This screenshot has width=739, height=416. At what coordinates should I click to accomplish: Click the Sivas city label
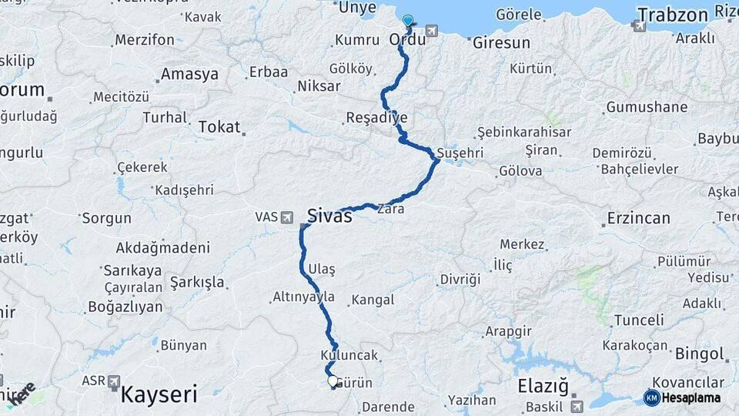click(329, 216)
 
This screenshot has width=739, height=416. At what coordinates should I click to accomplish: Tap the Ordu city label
click(408, 39)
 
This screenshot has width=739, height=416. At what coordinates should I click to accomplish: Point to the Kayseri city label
click(159, 395)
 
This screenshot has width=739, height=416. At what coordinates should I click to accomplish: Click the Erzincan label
click(638, 218)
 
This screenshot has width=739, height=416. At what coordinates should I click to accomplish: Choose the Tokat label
click(219, 127)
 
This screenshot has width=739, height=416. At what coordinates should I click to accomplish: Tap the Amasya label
click(189, 75)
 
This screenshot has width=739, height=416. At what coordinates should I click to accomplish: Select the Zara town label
click(390, 208)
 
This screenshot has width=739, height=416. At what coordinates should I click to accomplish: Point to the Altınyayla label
click(303, 297)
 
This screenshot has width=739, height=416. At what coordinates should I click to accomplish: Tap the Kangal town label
click(373, 300)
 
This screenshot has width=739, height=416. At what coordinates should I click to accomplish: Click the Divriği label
click(460, 278)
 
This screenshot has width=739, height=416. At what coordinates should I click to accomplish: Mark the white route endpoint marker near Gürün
click(333, 381)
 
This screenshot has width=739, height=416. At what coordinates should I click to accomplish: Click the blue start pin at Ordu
click(407, 22)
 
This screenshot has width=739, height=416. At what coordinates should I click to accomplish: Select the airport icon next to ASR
click(114, 381)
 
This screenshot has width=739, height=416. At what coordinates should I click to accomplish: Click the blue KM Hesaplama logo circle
click(651, 398)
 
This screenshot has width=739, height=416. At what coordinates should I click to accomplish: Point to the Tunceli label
click(639, 320)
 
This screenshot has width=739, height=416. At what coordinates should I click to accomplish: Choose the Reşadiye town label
click(376, 118)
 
